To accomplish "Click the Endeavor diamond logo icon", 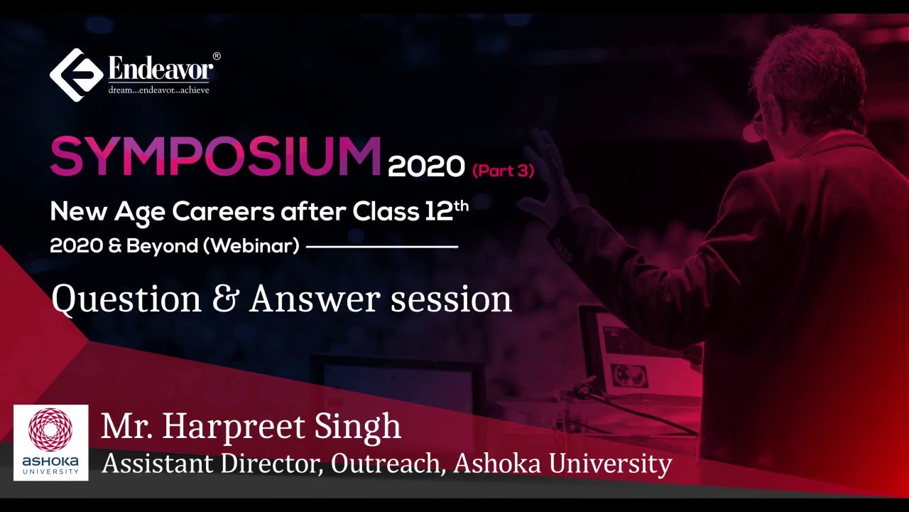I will pos(77,75).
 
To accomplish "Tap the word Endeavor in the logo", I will pos(160,70).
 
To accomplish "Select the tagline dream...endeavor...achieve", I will pos(158,90).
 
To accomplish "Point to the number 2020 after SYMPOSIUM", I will pos(426,166).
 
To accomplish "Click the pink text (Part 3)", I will pos(503,170).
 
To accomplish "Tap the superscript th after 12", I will pos(462,205).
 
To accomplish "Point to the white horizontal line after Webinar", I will pos(381,247).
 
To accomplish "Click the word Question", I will pos(126,299).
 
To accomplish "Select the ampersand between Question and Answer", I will pos(225,299).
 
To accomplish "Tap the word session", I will pos(451,299).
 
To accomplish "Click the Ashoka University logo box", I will pos(51,442).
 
